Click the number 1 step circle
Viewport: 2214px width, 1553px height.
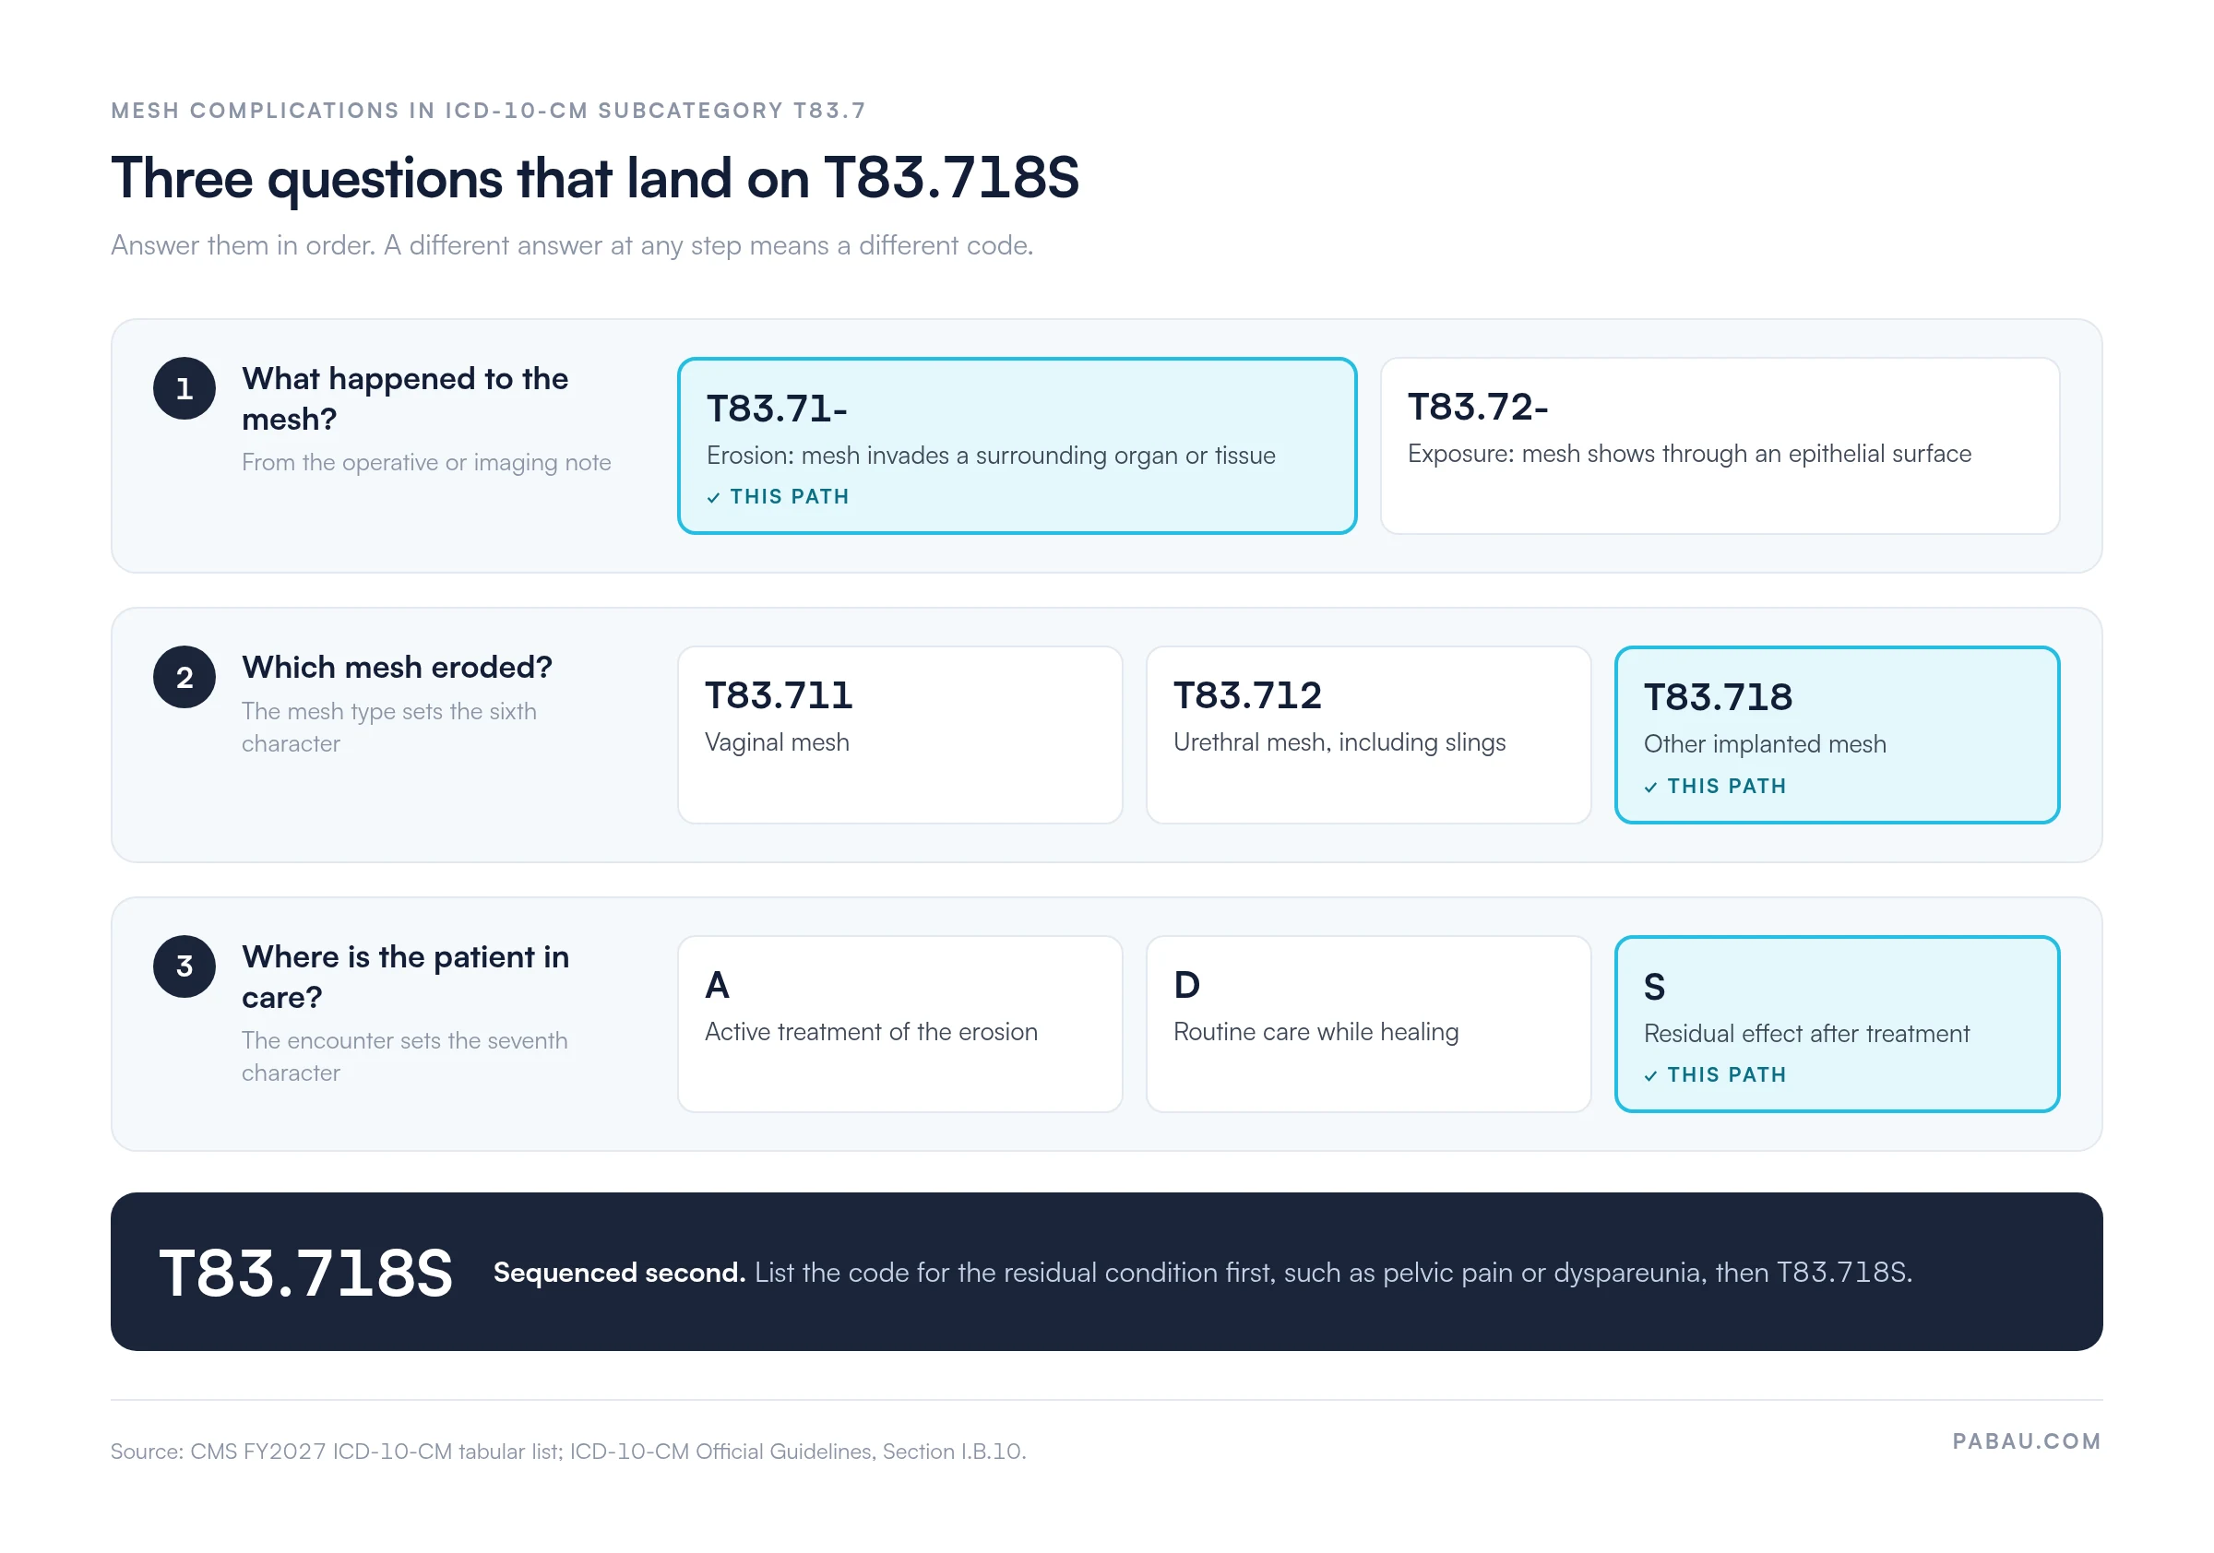184,388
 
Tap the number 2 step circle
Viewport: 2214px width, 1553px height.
184,678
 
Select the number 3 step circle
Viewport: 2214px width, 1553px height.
184,966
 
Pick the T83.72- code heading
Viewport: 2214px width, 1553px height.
1478,407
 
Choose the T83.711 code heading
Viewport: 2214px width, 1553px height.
780,695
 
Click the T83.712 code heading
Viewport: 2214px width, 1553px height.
1248,695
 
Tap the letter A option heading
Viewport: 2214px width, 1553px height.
718,985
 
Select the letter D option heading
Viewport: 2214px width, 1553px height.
1187,985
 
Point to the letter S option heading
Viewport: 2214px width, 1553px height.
1655,987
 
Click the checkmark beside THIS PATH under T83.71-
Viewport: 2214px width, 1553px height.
714,498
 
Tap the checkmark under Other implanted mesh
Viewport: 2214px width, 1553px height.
1651,788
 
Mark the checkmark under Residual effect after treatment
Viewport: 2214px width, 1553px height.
1651,1076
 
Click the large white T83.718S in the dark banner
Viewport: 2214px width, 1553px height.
305,1274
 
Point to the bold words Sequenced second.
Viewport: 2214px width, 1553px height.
619,1274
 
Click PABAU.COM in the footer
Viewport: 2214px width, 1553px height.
2027,1441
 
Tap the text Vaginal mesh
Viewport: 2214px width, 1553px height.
778,743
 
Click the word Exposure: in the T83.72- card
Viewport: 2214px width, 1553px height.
1461,454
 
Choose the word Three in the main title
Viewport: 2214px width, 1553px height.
183,178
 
